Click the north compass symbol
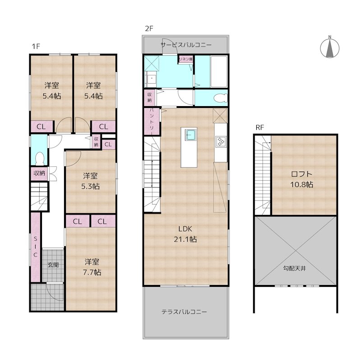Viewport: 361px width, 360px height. [330, 48]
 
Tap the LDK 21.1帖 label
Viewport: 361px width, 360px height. [185, 234]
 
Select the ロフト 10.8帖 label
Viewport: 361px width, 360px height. [301, 179]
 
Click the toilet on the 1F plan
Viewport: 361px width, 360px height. [40, 159]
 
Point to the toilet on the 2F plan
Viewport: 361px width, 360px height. [220, 98]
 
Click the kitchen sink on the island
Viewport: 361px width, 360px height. [191, 135]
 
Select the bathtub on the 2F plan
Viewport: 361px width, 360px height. [219, 71]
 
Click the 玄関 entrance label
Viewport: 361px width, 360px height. [53, 265]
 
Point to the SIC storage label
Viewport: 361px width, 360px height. [36, 247]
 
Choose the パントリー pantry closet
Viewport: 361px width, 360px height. [152, 122]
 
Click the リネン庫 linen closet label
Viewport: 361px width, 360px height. [186, 59]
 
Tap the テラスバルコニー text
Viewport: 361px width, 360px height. [184, 312]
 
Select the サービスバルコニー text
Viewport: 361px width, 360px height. [186, 45]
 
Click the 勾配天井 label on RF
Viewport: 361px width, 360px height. [295, 268]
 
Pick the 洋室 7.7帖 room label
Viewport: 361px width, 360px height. [92, 267]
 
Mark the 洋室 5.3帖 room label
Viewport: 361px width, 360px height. [91, 181]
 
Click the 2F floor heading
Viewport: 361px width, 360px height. [149, 28]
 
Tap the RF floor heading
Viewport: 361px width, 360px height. [260, 127]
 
